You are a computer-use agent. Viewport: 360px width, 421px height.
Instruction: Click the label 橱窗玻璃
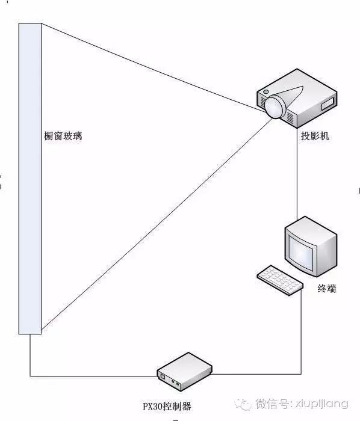63,136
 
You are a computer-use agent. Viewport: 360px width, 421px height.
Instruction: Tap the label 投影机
315,136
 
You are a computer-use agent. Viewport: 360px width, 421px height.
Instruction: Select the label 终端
327,289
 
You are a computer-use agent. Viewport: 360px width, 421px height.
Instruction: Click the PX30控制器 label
167,406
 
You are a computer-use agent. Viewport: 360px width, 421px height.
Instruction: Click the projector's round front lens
274,106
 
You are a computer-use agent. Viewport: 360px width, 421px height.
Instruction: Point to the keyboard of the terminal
280,280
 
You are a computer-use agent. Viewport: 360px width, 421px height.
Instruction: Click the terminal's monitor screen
301,253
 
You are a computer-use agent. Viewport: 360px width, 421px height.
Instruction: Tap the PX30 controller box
185,371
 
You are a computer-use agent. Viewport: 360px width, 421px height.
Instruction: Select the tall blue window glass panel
30,179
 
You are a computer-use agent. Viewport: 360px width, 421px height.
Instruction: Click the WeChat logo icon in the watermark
243,404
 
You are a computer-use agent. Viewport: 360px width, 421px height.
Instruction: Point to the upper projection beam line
152,68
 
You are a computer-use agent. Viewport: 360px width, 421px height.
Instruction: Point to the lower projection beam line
157,223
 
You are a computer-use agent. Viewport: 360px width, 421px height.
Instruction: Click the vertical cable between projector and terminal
297,173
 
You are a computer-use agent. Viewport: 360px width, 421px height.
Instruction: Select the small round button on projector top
266,92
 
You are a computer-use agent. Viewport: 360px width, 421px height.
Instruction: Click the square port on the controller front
163,376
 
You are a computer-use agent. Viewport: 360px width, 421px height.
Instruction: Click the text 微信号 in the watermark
272,404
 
